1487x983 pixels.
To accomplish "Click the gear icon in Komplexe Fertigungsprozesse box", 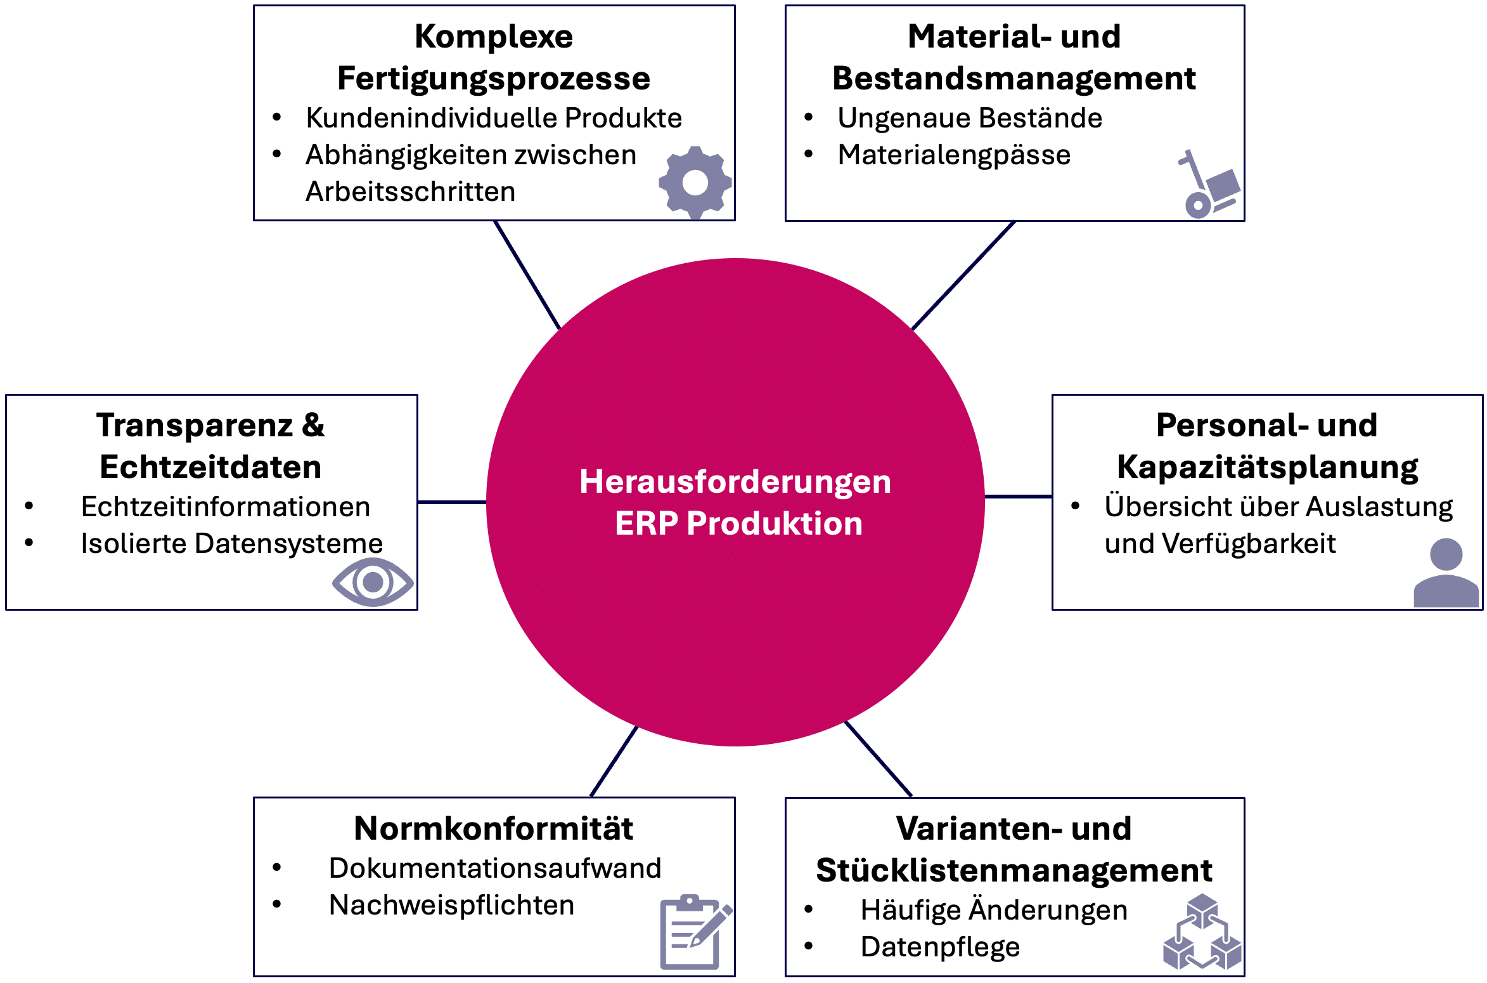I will pos(695,183).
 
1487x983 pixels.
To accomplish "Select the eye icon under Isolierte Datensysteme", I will pos(373,582).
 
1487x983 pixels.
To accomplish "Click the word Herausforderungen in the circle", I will pos(735,481).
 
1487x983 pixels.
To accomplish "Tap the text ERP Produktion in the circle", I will pos(738,523).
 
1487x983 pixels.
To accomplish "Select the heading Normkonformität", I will pos(493,828).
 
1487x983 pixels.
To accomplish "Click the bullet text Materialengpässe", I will pos(954,155).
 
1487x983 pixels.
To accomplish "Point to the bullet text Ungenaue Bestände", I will pos(970,118).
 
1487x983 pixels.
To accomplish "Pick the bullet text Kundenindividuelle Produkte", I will pos(493,118).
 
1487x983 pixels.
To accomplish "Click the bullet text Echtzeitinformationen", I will pos(226,507).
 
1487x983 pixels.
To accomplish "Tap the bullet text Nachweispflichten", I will pos(451,905).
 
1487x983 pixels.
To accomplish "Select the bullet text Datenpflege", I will pos(940,947).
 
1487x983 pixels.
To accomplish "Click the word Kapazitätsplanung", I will pos(1267,467).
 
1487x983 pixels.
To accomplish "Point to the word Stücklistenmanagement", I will pos(1014,870).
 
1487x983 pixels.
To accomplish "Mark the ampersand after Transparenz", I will pos(313,425).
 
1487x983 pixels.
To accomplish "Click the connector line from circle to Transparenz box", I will pos(451,502).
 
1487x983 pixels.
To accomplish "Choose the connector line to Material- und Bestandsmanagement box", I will pos(963,275).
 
